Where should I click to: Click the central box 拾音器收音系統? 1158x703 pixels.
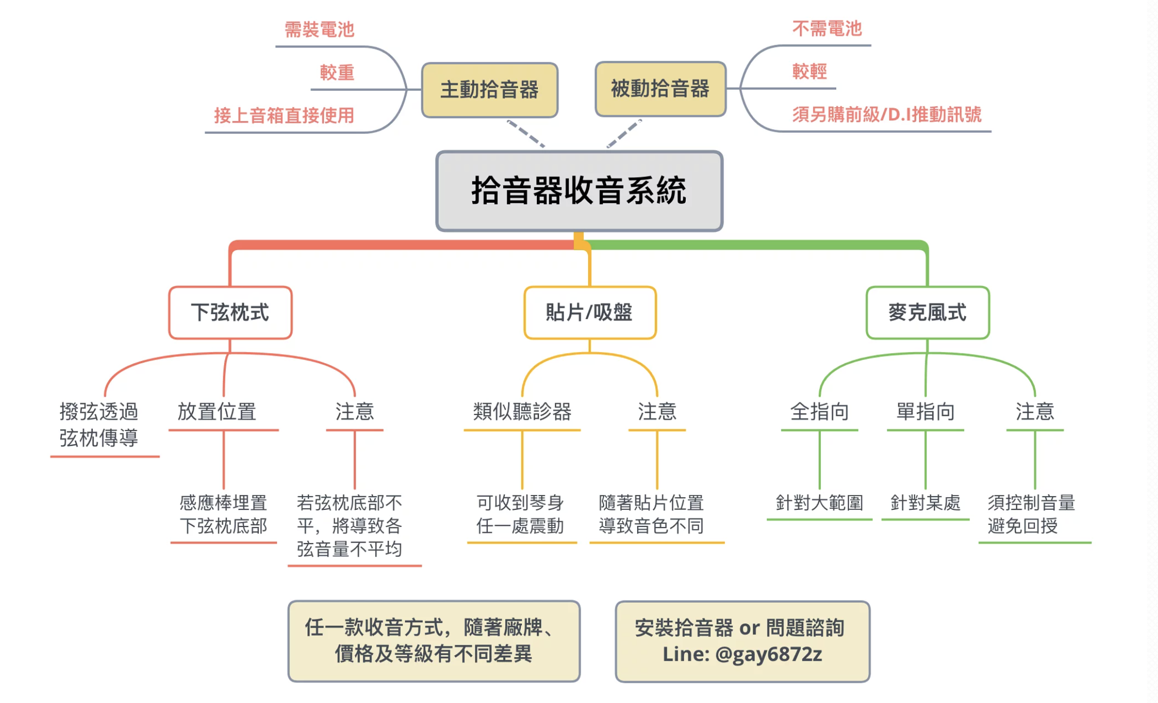579,191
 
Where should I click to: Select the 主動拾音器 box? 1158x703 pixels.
489,90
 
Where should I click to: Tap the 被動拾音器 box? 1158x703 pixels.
660,89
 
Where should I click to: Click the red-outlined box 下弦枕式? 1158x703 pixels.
230,313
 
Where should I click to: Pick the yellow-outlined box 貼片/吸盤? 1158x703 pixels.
589,313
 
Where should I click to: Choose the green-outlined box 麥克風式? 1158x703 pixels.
927,313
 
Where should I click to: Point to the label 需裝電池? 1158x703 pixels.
319,29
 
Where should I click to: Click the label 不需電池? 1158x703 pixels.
827,28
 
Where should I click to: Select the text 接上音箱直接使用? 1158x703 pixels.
284,115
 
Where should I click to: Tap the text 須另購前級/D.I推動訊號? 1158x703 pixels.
886,114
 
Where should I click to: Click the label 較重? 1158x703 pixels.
337,73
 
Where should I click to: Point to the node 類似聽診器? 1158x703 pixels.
522,412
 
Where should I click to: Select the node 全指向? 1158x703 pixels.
819,412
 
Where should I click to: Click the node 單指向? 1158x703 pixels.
925,412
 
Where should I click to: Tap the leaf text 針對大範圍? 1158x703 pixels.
819,502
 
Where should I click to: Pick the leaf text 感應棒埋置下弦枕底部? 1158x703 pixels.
223,514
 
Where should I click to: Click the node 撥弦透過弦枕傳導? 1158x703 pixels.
99,425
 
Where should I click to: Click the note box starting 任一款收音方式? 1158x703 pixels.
433,641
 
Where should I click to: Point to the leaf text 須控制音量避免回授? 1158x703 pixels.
1031,514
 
